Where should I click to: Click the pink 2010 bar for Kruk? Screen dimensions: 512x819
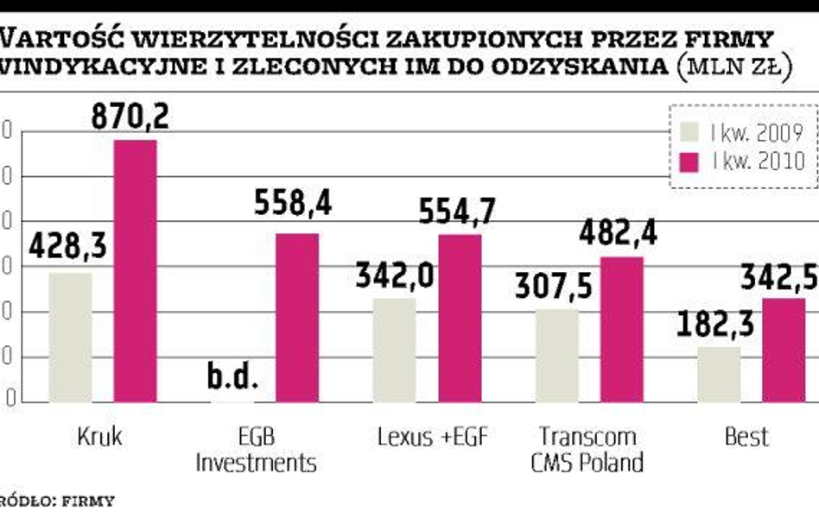click(136, 270)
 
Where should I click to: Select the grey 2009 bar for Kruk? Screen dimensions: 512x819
click(71, 338)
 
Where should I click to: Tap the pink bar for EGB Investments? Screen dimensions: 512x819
click(297, 318)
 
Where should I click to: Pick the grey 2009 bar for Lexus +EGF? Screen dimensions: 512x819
click(394, 350)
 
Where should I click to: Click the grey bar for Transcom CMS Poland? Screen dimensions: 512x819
click(557, 355)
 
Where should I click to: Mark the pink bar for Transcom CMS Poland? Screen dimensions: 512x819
click(622, 329)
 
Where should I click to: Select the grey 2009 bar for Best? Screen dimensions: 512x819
click(719, 374)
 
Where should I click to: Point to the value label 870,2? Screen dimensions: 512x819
click(130, 115)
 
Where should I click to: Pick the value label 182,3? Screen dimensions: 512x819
click(714, 326)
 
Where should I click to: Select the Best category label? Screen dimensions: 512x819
click(746, 437)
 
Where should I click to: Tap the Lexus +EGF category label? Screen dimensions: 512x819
click(433, 437)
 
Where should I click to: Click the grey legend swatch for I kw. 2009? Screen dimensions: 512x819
click(690, 132)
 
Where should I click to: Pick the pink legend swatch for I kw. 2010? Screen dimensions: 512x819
click(690, 161)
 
